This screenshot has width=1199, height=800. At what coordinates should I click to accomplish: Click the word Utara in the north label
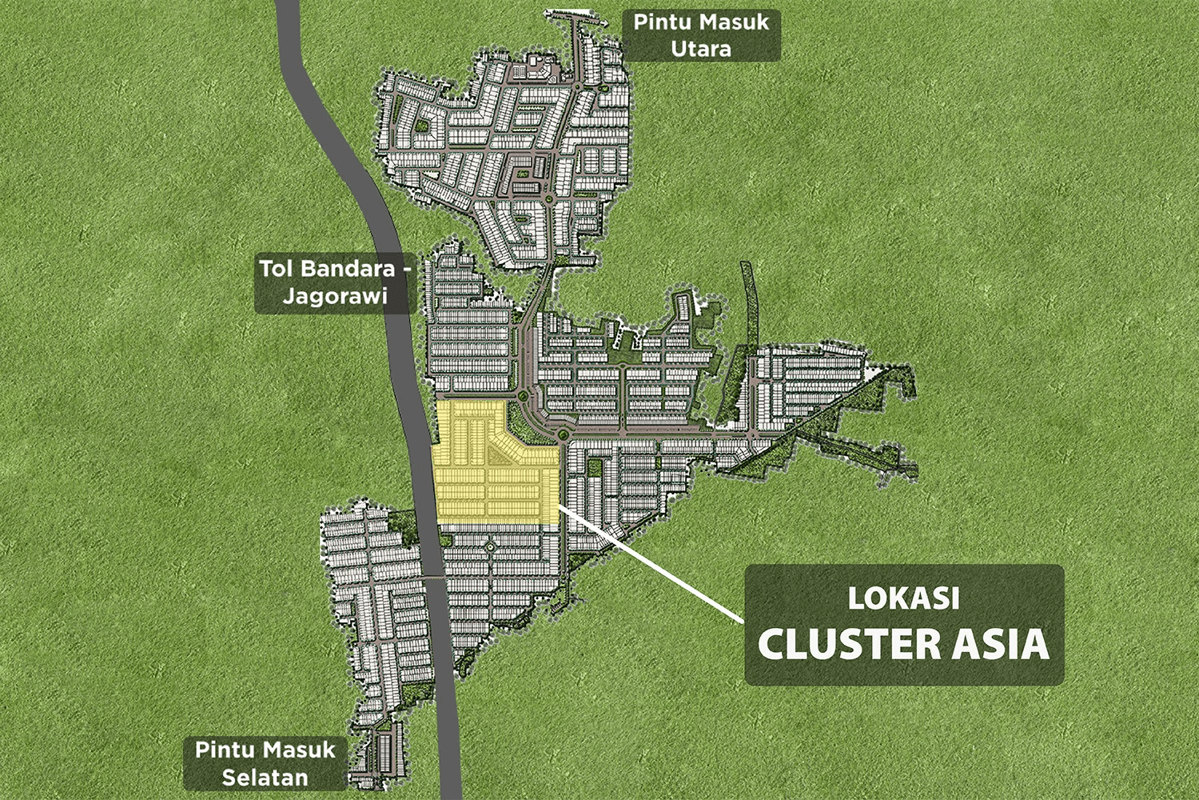[x=701, y=49]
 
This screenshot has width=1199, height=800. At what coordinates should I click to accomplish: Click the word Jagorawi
[x=335, y=296]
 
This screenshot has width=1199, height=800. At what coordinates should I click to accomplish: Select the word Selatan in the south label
[x=265, y=777]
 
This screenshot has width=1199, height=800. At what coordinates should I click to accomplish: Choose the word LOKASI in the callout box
[x=903, y=598]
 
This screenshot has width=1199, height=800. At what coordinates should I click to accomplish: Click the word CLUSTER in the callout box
[x=849, y=645]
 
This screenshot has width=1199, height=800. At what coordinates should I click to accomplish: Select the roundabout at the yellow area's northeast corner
[x=563, y=434]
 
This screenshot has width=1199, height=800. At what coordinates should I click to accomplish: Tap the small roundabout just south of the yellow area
[x=491, y=546]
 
